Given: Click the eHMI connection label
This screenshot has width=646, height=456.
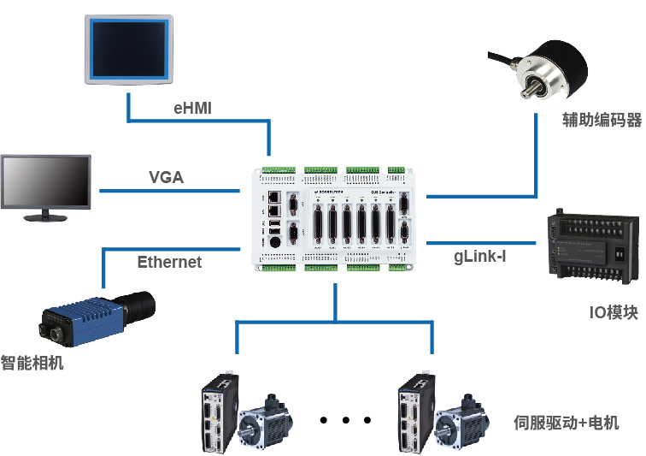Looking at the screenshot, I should point(192,109).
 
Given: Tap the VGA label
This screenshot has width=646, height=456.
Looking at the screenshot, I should point(167,178).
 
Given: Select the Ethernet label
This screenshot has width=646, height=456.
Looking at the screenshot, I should point(170,262).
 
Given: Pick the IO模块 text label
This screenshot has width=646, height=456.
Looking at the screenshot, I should point(613,312).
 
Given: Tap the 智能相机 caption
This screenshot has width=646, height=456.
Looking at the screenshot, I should point(32,362).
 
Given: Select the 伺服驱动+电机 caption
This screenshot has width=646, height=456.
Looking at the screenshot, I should point(566,422).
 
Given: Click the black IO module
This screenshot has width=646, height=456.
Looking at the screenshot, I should point(593,247).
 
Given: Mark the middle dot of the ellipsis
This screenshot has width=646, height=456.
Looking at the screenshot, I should point(345,420).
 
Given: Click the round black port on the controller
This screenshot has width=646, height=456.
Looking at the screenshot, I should point(274,242).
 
